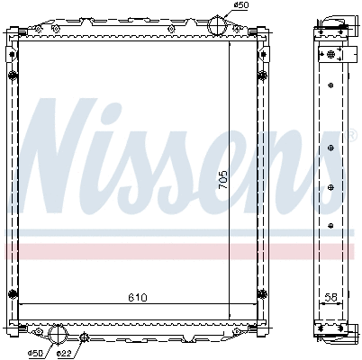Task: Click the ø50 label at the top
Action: point(240,6)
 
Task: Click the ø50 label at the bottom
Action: point(36,353)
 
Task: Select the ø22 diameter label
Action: point(64,353)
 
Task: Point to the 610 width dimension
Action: point(136,297)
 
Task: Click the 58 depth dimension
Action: point(330,295)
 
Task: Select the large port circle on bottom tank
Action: point(59,334)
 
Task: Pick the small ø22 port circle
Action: point(85,338)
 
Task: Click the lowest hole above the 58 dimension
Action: point(332,223)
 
